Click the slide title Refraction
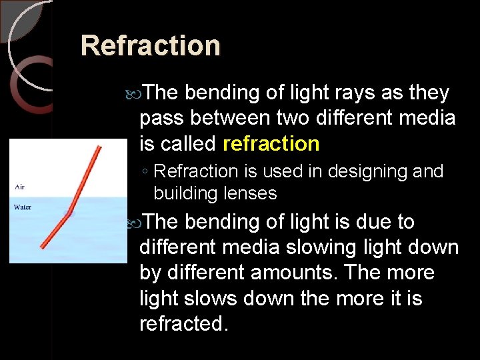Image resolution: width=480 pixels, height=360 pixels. pos(150,46)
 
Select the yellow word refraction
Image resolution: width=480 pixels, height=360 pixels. pos(271,143)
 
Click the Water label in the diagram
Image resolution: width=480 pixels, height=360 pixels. pos(23,207)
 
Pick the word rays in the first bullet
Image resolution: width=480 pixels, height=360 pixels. pos(350,93)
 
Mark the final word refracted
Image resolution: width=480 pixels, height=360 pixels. pos(183,323)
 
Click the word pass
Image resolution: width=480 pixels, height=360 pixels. pos(162,118)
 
